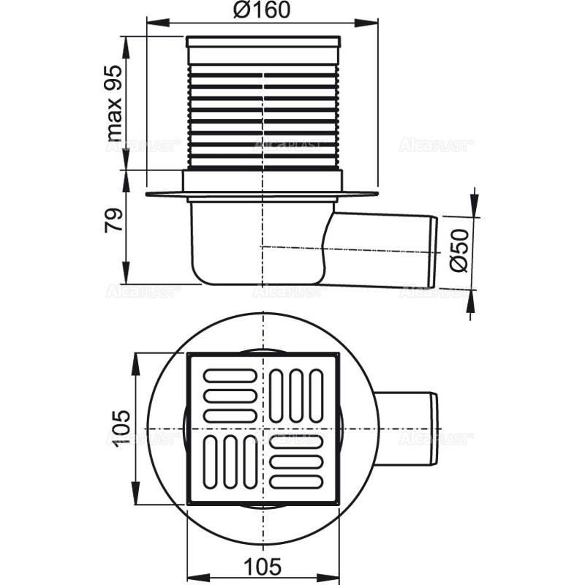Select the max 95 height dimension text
click(114, 102)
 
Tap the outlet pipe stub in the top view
click(409, 428)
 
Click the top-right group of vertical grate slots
click(296, 396)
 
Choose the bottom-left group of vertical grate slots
click(230, 462)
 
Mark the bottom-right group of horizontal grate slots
click(296, 462)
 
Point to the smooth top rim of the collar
click(263, 42)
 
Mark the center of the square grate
click(263, 429)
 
